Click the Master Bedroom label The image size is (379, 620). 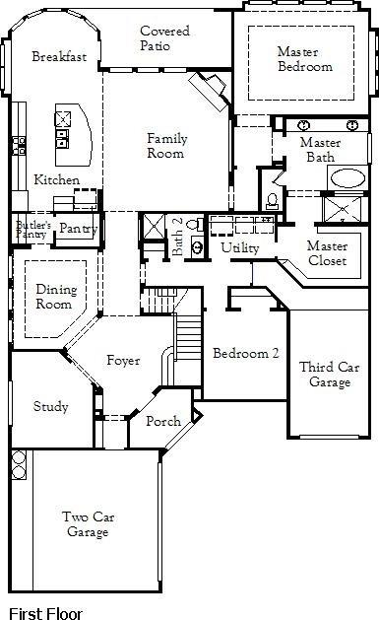tap(304, 59)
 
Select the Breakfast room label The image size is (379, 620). tap(58, 57)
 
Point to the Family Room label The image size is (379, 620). tap(166, 146)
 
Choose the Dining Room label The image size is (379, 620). tap(55, 297)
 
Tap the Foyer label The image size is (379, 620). tap(123, 361)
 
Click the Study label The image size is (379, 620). tap(49, 406)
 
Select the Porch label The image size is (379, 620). tap(162, 421)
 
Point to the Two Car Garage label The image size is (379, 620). tap(87, 524)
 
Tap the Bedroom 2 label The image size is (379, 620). tap(239, 354)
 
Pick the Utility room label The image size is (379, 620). tap(239, 247)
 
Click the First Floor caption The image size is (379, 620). tap(45, 612)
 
